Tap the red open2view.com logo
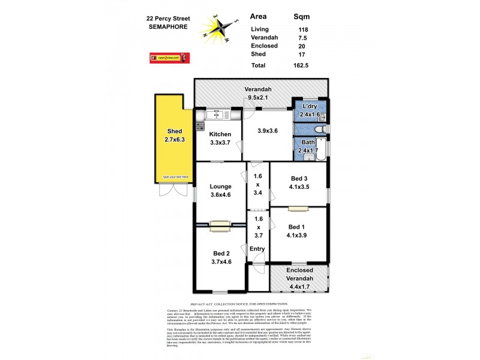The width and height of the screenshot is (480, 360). [x=171, y=58]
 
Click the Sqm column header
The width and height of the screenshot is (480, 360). [x=305, y=17]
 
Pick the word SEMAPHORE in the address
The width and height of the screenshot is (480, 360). [x=168, y=26]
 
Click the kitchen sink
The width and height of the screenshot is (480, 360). [x=214, y=115]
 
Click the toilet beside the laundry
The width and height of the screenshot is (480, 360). [x=321, y=129]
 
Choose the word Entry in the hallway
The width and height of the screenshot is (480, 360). [x=257, y=248]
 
